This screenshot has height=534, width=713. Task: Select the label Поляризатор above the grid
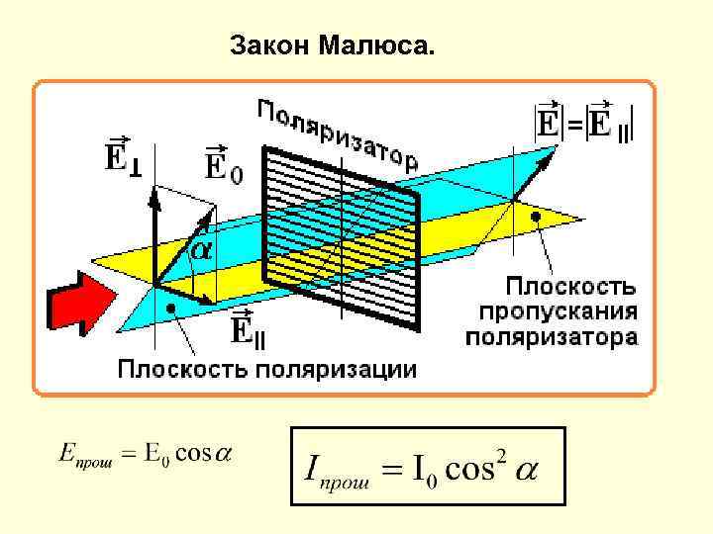[x=338, y=131]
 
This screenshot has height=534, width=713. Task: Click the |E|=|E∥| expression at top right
[x=584, y=121]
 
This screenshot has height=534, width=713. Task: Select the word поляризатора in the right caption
[x=553, y=337]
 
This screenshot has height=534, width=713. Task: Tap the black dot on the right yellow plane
[x=536, y=215]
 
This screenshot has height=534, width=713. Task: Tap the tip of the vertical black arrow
[x=154, y=189]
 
